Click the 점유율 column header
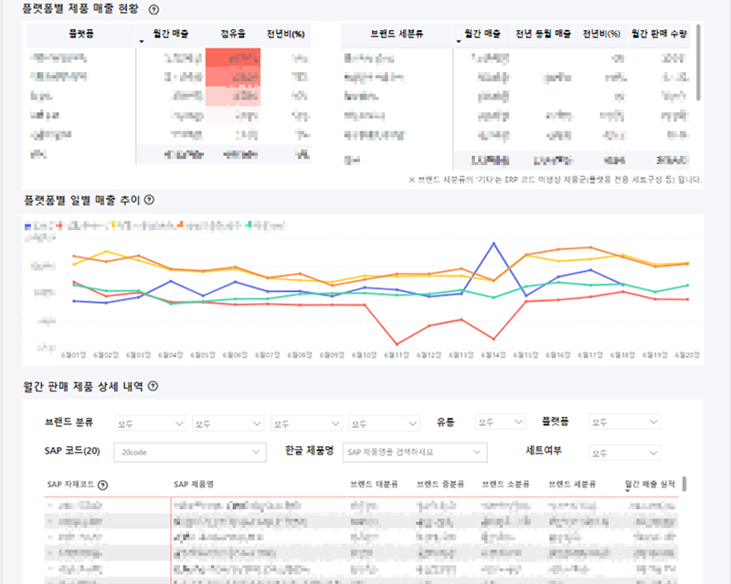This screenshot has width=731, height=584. [x=233, y=34]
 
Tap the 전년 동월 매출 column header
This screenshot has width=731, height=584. [x=543, y=34]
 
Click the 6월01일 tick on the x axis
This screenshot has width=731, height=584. [x=73, y=354]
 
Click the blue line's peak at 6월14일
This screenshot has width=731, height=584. [x=494, y=243]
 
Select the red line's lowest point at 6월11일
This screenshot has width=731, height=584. [x=396, y=343]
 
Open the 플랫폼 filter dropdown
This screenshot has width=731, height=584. [x=624, y=422]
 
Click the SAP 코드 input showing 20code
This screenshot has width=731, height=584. [x=188, y=452]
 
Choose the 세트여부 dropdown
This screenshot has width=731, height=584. [x=624, y=452]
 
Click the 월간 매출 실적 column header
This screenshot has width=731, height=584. [x=650, y=485]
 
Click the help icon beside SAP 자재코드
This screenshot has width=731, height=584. [x=102, y=485]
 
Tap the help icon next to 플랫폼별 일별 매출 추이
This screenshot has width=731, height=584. [x=149, y=200]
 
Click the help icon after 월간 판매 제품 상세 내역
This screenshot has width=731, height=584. [x=153, y=386]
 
